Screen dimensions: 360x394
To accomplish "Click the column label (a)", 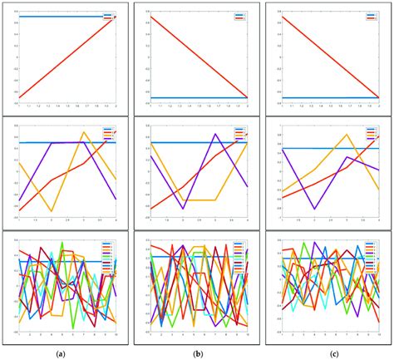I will [x=60, y=353].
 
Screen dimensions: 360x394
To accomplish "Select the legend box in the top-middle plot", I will [x=240, y=16].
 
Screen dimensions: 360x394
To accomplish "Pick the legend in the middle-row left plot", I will [x=109, y=133].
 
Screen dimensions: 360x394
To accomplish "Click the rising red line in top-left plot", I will [x=66, y=57].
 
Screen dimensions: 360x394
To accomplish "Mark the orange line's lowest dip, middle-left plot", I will [x=52, y=211].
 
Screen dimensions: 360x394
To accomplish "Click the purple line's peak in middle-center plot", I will [x=214, y=135].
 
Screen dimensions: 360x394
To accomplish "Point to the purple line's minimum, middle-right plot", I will [x=313, y=209].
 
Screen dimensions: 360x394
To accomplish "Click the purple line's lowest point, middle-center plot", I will [x=183, y=209].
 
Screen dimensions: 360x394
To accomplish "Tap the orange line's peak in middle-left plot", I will [x=83, y=132].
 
